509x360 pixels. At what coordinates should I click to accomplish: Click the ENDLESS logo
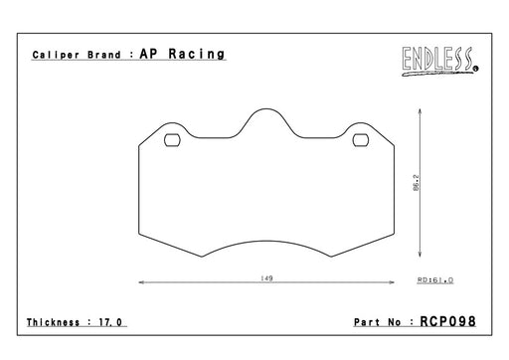(x=439, y=61)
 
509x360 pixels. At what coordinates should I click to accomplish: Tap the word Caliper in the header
(x=56, y=55)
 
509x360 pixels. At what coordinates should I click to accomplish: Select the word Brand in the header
(x=104, y=55)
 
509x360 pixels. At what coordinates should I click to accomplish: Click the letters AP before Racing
(x=148, y=54)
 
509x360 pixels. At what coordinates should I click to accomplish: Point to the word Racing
(x=197, y=54)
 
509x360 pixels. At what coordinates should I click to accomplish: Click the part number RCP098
(x=447, y=321)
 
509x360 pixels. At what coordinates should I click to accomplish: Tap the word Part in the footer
(x=367, y=322)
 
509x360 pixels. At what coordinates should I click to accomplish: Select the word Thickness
(x=53, y=322)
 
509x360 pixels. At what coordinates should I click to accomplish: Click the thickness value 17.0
(x=110, y=322)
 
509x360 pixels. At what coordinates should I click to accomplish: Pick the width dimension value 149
(x=266, y=278)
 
